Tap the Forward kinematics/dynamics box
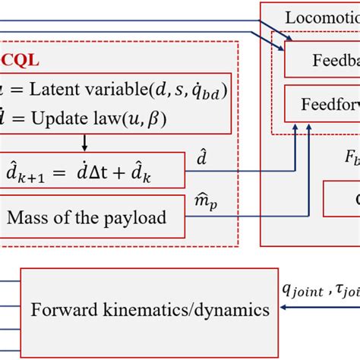145,309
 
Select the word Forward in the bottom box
62,309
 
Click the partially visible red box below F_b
342,199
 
